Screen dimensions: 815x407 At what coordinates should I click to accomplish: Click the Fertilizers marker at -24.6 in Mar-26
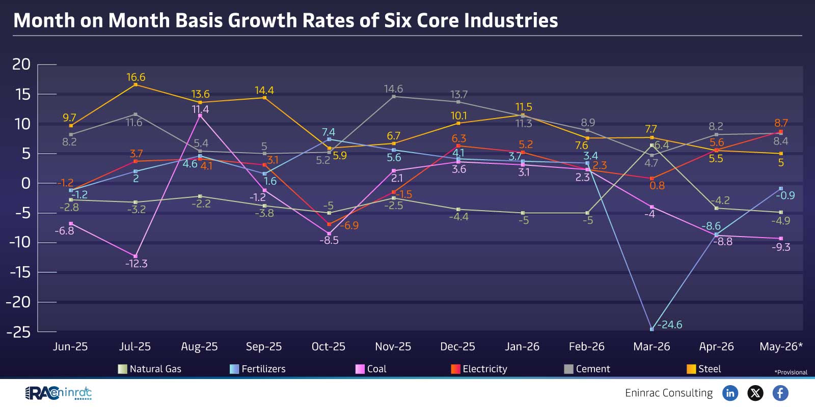pos(651,329)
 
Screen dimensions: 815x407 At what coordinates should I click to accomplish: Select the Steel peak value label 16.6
pos(135,77)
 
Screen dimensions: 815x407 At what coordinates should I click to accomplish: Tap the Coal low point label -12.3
pos(136,264)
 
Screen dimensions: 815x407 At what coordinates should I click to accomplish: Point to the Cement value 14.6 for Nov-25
pos(393,89)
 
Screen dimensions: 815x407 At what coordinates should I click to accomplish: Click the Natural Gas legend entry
pos(150,369)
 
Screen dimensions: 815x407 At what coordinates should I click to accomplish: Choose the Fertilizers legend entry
pos(258,369)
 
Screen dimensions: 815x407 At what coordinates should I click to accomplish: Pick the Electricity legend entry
pos(479,369)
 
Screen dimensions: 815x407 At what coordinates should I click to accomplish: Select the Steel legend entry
pos(703,369)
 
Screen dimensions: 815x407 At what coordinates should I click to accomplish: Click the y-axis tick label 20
pos(21,65)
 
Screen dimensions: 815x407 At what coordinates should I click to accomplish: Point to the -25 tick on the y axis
pos(18,332)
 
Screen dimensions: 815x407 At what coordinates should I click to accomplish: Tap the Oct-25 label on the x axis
pos(328,346)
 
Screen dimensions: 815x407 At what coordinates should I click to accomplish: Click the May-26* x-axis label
pos(781,346)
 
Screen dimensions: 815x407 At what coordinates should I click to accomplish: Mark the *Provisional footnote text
pos(791,372)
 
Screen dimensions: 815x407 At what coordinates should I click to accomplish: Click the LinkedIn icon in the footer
pos(730,393)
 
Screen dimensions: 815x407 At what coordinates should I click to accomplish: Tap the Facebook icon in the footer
pos(780,393)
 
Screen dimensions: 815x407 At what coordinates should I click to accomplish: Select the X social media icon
pos(755,393)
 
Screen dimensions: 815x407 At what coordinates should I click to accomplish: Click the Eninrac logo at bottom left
pos(58,393)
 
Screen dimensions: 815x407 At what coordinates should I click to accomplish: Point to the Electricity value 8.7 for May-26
pos(781,123)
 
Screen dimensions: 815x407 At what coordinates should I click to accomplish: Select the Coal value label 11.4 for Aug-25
pos(200,109)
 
